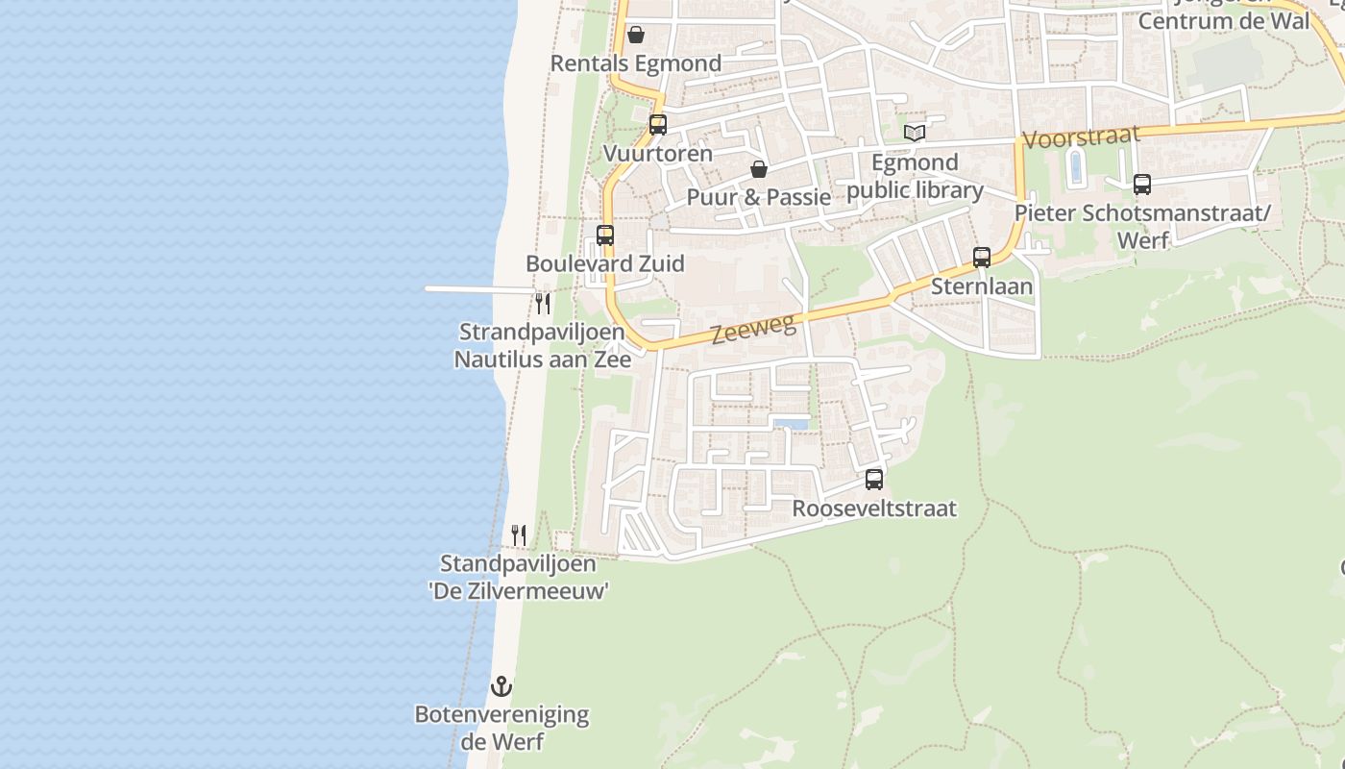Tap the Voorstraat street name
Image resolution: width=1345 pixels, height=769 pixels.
coord(1081,137)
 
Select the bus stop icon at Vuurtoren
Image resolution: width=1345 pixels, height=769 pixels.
coord(658,125)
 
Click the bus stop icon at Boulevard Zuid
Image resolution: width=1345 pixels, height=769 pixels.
coord(605,236)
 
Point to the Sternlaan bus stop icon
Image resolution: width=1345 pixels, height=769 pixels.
coord(982,258)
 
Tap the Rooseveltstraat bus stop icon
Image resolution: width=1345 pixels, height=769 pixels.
coord(874,479)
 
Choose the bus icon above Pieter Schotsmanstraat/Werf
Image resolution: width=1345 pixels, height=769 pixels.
coord(1142,185)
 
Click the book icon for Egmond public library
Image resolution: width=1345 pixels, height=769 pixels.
coord(915,133)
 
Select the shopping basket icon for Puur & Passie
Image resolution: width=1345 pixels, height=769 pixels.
coord(759,169)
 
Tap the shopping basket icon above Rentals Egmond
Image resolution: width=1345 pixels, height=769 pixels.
coord(636,36)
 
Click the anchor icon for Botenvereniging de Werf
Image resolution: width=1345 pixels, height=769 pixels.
coord(501,686)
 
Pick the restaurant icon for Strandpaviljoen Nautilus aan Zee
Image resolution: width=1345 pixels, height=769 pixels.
coord(543,304)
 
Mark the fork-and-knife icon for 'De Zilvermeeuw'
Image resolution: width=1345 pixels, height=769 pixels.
coord(519,535)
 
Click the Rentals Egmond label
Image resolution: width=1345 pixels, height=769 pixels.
coord(636,64)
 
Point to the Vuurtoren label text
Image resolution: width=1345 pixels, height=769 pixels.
coord(658,154)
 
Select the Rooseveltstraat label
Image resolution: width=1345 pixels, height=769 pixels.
coord(874,509)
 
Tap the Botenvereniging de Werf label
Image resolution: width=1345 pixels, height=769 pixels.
coord(501,729)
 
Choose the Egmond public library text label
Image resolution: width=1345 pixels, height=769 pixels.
coord(915,176)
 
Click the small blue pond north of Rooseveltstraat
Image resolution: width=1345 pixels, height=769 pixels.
coord(791,423)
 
